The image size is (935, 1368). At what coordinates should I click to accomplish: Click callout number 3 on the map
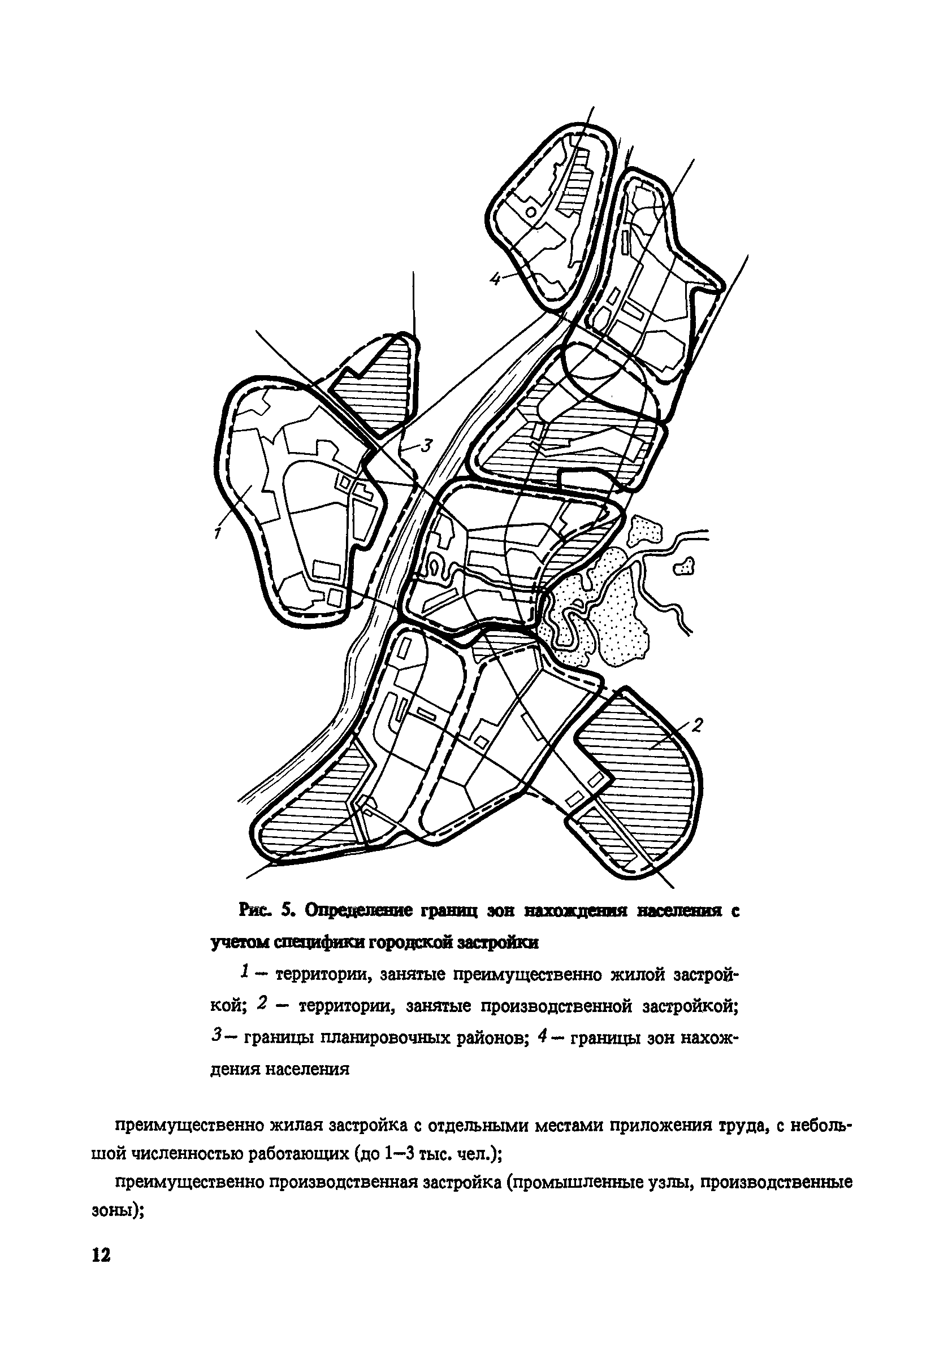426,446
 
